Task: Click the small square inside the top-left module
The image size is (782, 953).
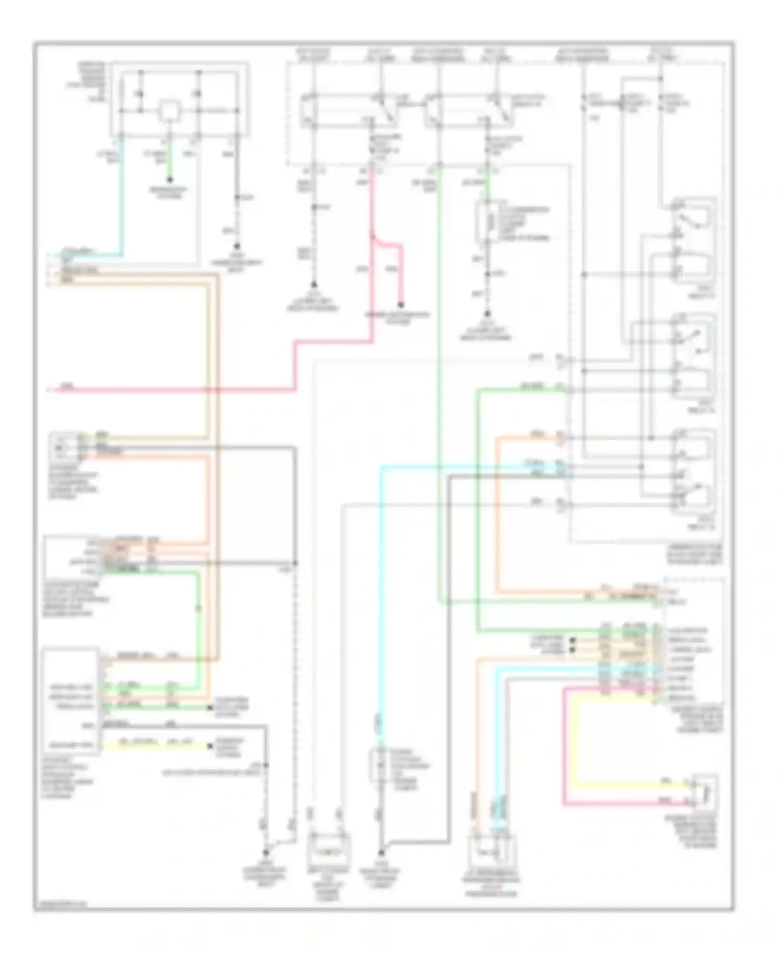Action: (169, 111)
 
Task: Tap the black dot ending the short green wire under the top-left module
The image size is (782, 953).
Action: (169, 179)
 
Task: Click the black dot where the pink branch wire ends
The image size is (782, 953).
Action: (401, 305)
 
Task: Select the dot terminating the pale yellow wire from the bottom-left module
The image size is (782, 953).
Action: (210, 746)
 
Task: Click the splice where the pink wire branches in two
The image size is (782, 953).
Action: (373, 238)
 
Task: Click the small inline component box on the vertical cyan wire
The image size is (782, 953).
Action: (379, 765)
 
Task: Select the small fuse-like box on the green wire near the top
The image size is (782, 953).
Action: (486, 222)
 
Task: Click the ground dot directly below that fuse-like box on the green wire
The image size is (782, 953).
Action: (486, 314)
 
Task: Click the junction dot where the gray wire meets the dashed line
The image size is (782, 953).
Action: (295, 563)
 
